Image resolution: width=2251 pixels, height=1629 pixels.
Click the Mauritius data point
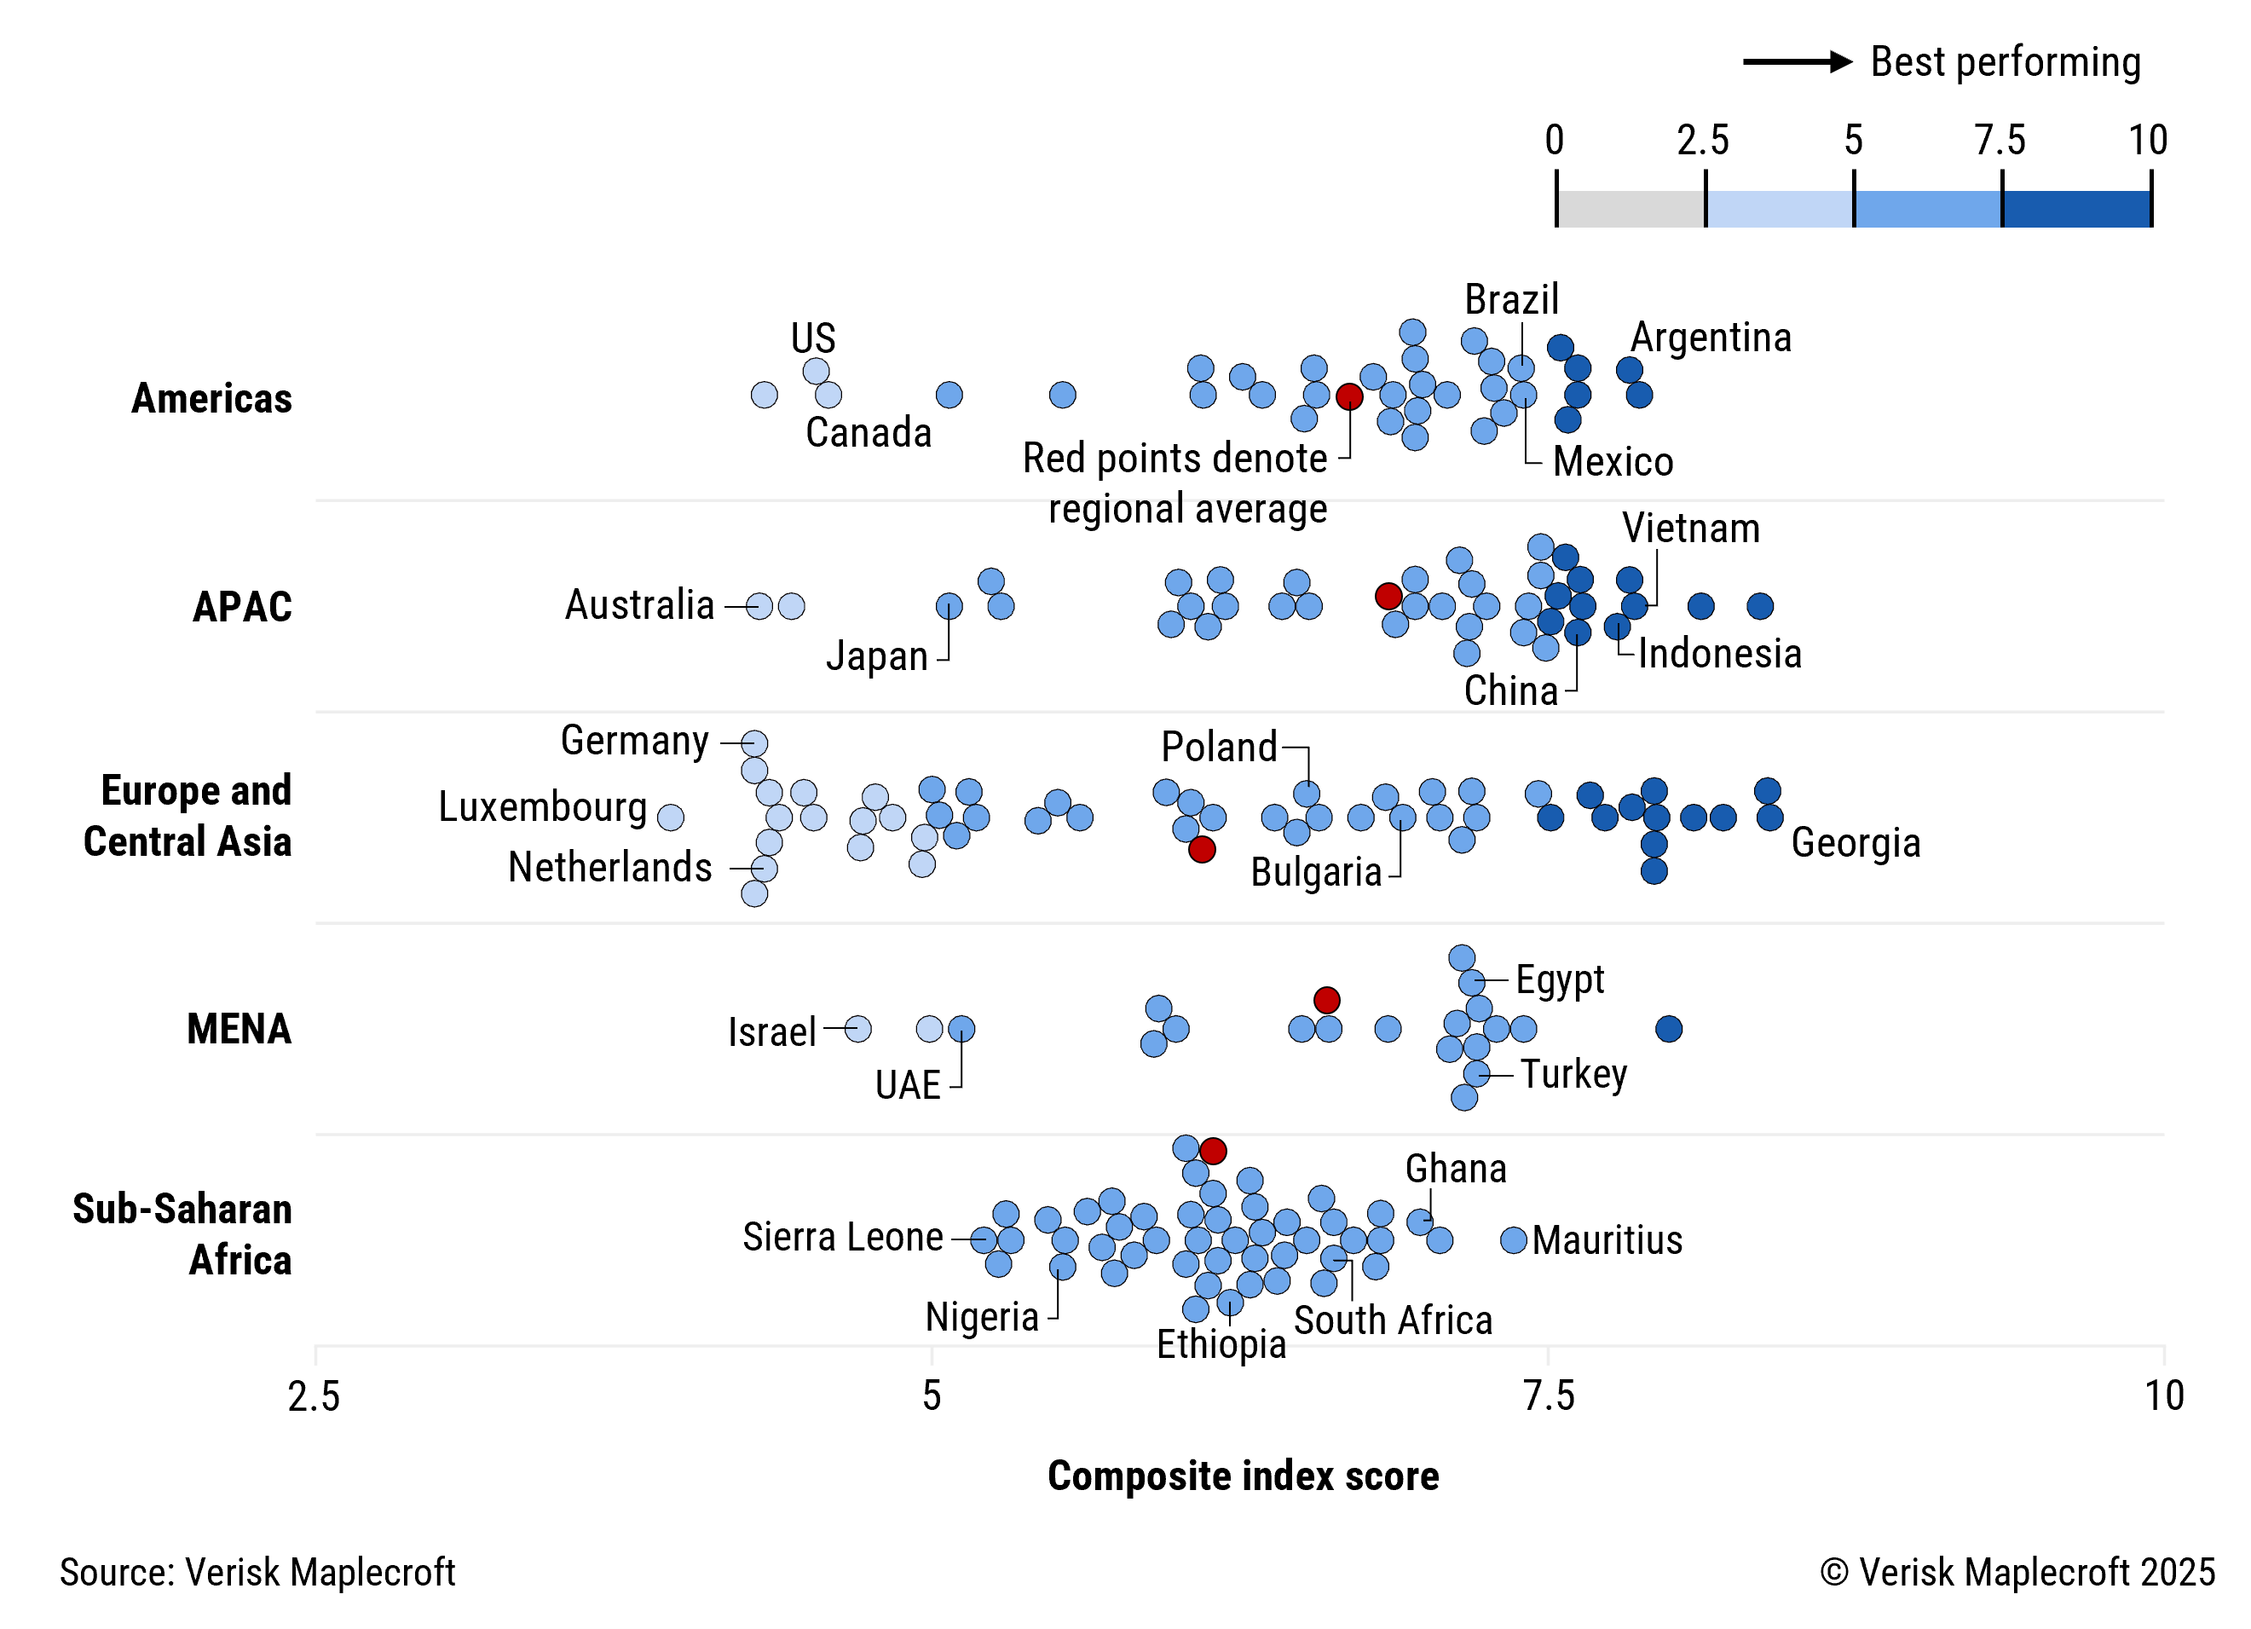[1513, 1240]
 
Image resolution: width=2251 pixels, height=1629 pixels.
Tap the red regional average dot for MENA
[1327, 1000]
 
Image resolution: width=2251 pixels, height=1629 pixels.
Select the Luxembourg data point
[671, 817]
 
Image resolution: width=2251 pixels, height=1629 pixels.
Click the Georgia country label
[1855, 843]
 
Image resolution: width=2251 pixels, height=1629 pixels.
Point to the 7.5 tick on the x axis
[1549, 1395]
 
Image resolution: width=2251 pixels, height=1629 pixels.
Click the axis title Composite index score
[1243, 1476]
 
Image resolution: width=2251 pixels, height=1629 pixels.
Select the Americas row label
[211, 398]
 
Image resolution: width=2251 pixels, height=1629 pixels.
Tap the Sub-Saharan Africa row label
[182, 1234]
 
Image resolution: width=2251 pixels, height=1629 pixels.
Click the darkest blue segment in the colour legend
[2076, 210]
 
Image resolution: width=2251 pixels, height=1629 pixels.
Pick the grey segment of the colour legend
[1631, 210]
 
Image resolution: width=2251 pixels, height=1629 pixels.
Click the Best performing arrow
[1797, 61]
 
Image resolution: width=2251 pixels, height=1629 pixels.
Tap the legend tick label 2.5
[1703, 140]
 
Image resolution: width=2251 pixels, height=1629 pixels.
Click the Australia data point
[759, 605]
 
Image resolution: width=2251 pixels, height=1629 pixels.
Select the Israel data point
[858, 1028]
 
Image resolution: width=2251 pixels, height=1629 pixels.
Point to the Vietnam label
[1690, 529]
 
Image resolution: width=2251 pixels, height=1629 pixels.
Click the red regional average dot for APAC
[1388, 596]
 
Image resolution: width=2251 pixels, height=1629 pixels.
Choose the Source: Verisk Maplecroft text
[257, 1573]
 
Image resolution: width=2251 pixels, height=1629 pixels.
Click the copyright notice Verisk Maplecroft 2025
[2017, 1573]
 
